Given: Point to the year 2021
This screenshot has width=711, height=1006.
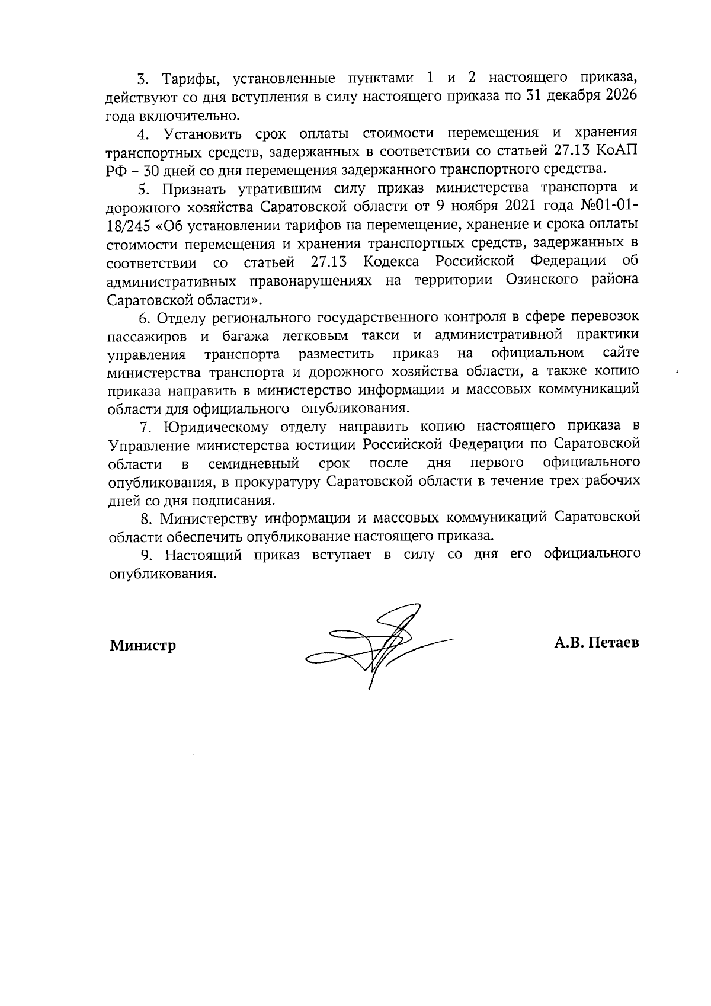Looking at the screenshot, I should [x=497, y=206].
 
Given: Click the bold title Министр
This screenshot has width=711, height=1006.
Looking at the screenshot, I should [x=143, y=645].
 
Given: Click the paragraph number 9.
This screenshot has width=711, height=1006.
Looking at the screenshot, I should [x=145, y=555].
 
